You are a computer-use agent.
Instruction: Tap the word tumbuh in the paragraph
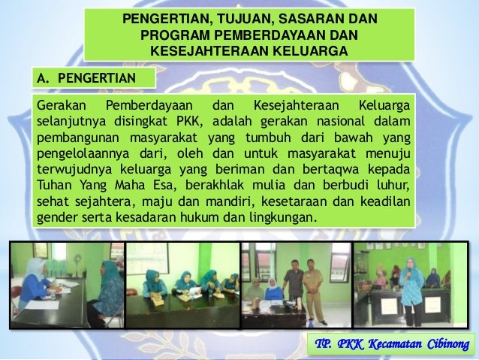point(259,137)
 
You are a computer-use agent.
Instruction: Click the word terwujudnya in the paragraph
point(69,169)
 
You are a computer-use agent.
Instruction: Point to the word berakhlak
point(233,185)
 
